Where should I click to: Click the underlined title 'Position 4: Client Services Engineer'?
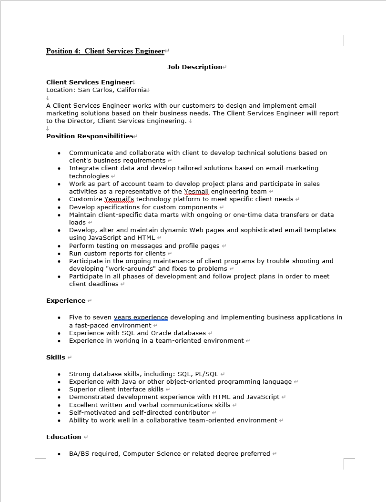(x=105, y=51)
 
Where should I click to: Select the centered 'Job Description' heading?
(x=194, y=67)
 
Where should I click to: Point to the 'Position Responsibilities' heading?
(x=90, y=136)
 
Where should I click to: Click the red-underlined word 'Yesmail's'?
(x=119, y=199)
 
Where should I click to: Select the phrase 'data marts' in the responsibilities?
(x=154, y=215)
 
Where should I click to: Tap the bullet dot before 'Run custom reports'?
(x=59, y=254)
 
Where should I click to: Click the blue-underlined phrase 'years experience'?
(x=141, y=317)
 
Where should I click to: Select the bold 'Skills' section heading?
(x=56, y=357)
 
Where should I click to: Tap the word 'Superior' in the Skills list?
(x=83, y=389)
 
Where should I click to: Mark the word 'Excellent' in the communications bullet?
(x=84, y=405)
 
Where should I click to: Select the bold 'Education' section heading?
(x=64, y=437)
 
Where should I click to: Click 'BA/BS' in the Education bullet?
(x=79, y=453)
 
